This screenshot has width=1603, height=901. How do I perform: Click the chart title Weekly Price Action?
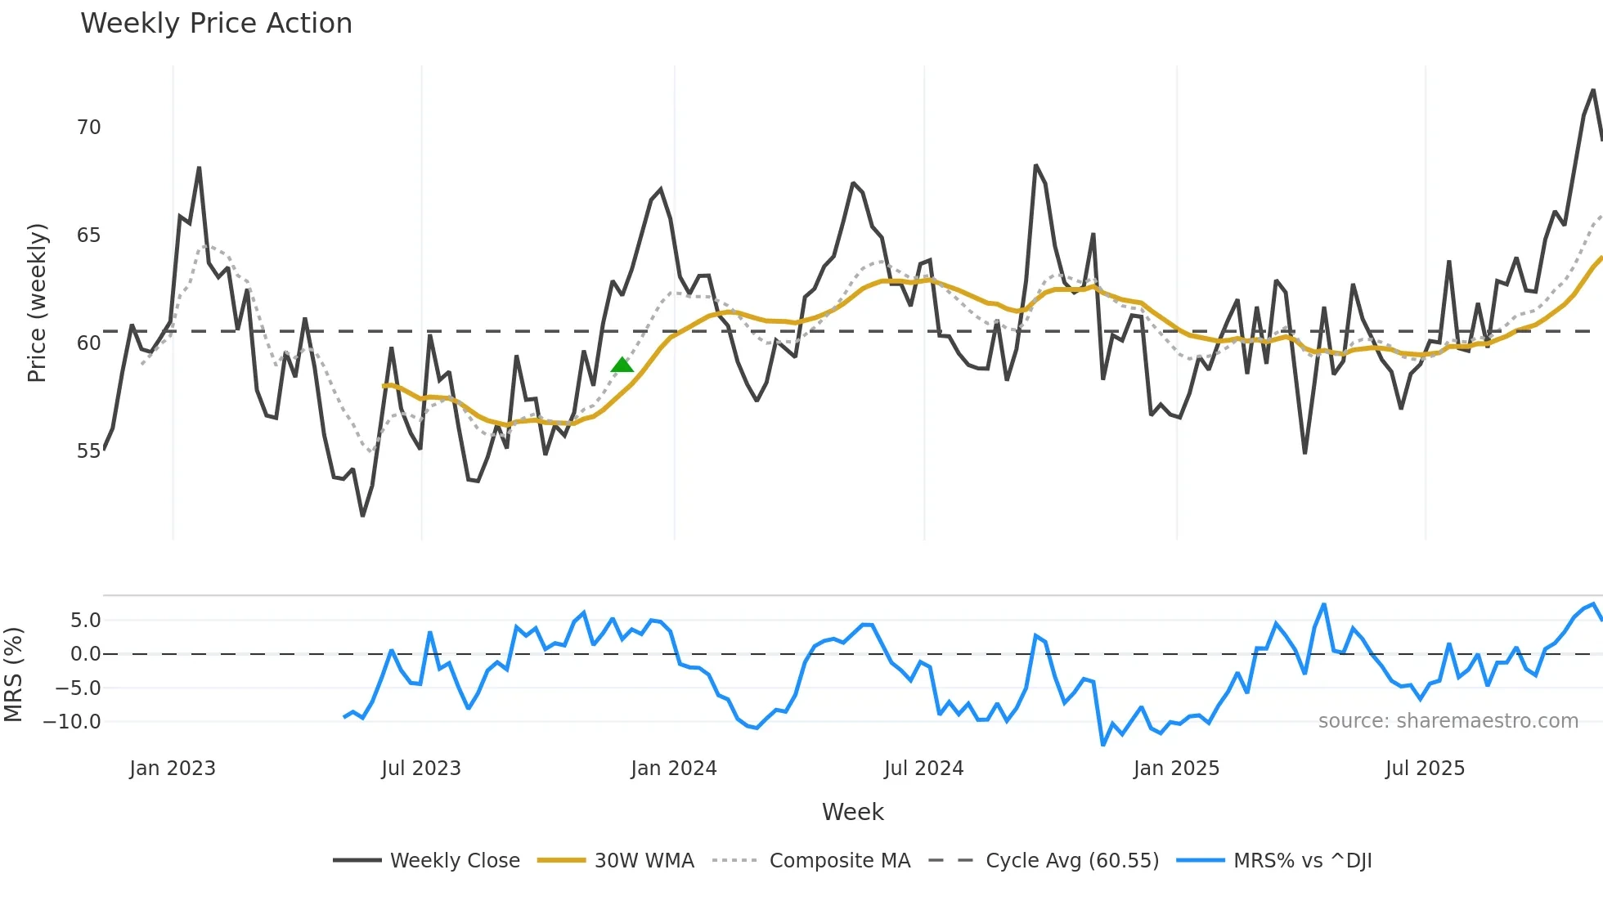click(216, 24)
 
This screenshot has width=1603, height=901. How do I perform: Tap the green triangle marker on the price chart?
click(622, 365)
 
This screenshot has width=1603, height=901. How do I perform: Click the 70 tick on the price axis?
click(89, 128)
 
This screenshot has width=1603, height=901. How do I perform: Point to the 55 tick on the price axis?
click(89, 451)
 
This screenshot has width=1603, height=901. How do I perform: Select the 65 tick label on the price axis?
click(89, 235)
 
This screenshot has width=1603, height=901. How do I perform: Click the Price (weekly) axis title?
click(37, 303)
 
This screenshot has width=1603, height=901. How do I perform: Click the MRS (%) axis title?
click(13, 675)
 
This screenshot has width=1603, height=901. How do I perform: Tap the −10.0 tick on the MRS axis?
click(73, 722)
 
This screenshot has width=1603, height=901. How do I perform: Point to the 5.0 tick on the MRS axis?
click(85, 621)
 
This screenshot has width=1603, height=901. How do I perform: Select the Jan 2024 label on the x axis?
click(673, 769)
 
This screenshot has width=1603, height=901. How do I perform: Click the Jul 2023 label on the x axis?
click(421, 769)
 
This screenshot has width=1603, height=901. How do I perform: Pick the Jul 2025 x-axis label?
click(1425, 769)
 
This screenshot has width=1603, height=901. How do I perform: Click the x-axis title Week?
click(852, 812)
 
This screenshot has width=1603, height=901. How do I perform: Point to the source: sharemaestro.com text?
click(1448, 721)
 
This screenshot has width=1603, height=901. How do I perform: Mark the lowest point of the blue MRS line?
click(1103, 745)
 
